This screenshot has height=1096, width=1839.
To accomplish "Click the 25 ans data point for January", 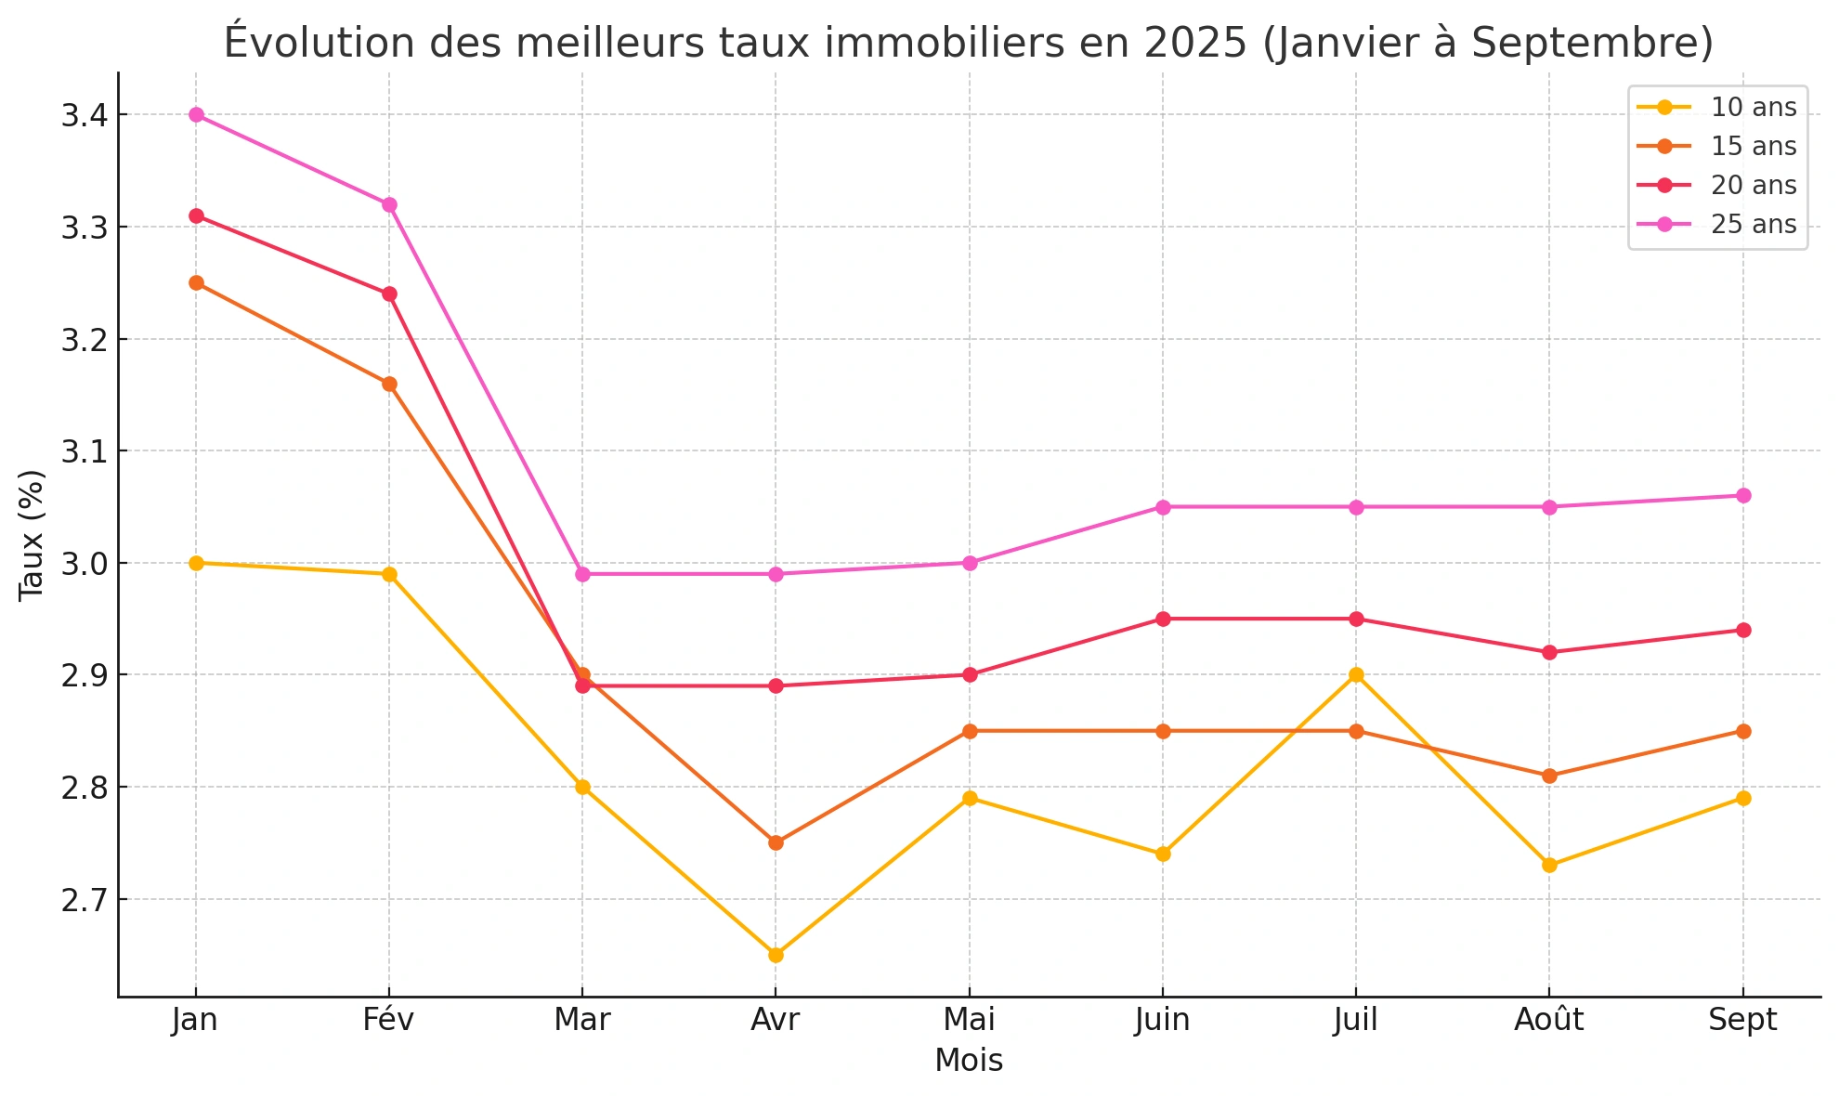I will click(196, 115).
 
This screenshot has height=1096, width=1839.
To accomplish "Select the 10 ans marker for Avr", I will click(776, 955).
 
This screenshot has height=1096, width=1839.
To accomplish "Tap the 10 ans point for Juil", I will click(1356, 674).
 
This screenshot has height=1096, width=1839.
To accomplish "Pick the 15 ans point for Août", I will click(1549, 776).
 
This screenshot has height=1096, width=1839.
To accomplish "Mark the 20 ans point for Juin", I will click(1163, 619).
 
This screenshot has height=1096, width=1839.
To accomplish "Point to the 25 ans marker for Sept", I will click(1743, 495).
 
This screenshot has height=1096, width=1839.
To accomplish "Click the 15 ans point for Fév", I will click(389, 384).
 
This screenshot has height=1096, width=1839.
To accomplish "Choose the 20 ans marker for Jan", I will click(196, 215).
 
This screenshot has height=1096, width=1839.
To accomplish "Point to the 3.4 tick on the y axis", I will click(84, 116).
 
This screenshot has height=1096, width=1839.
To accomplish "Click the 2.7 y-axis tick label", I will click(84, 900).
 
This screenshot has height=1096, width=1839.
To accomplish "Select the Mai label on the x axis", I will click(969, 1021).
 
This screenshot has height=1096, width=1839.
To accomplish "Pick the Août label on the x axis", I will click(1548, 1021).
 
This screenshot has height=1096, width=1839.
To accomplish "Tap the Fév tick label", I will click(388, 1021).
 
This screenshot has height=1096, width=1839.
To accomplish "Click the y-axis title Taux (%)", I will click(32, 535).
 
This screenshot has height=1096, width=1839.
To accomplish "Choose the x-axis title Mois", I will click(969, 1061).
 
